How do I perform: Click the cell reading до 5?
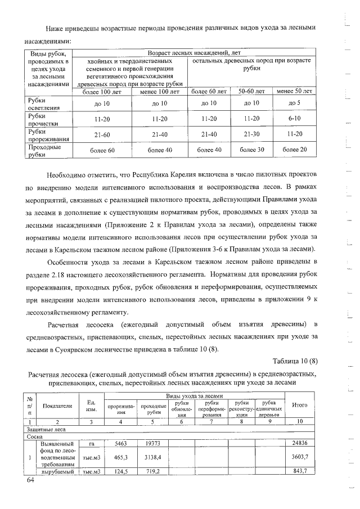(x=294, y=103)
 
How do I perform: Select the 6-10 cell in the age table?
(x=294, y=119)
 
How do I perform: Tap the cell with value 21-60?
(x=105, y=135)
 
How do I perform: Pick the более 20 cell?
(x=294, y=150)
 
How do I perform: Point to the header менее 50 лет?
(x=294, y=90)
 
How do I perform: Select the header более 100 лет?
(x=105, y=90)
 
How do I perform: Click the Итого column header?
(x=296, y=406)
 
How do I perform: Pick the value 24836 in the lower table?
(x=296, y=444)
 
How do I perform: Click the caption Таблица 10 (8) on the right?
(x=295, y=361)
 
